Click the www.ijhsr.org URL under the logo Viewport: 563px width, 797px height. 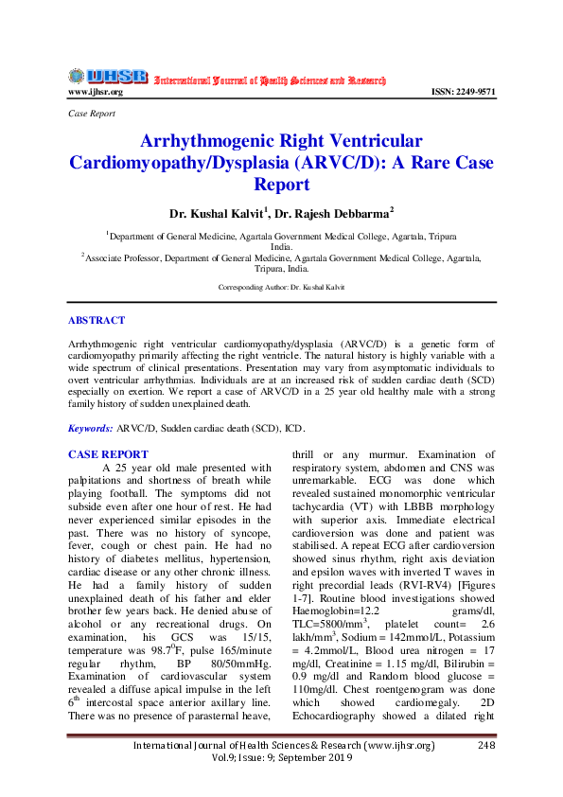pos(96,92)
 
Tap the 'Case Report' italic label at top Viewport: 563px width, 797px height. pos(92,113)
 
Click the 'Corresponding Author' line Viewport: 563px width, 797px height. pos(281,286)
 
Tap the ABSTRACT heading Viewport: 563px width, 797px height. pos(97,321)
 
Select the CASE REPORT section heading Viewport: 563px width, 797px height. pos(108,454)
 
